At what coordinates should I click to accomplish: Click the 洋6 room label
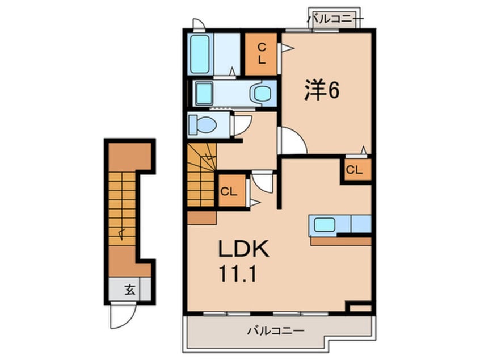click(x=322, y=90)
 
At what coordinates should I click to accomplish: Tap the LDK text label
click(x=243, y=249)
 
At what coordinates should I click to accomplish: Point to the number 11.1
click(x=237, y=274)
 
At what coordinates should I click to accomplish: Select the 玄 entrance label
click(x=130, y=290)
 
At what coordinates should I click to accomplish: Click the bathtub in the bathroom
click(x=200, y=54)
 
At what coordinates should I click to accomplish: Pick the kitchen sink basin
click(x=325, y=225)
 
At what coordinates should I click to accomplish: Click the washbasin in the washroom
click(x=261, y=93)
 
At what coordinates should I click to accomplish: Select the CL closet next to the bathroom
click(x=261, y=54)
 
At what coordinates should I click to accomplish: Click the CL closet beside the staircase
click(x=232, y=191)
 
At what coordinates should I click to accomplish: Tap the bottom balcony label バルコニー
click(x=276, y=331)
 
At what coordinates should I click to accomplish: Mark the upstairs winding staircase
click(x=201, y=175)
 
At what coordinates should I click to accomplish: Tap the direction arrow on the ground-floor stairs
click(x=122, y=234)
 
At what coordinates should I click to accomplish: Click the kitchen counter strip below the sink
click(x=341, y=241)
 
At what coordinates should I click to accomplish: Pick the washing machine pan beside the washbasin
click(x=204, y=93)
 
